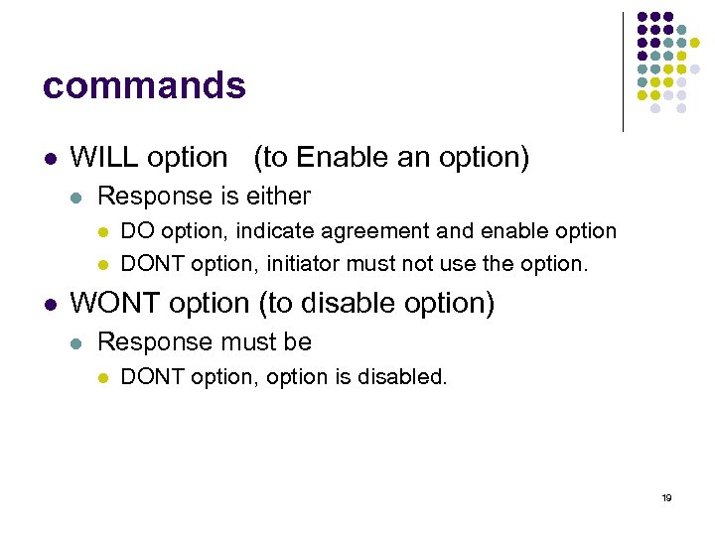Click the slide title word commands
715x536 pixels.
point(144,86)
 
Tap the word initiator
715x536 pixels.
point(305,264)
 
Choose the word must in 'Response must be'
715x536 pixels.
point(237,342)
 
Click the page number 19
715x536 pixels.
point(666,497)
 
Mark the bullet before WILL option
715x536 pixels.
point(50,158)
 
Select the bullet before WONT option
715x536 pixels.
point(50,304)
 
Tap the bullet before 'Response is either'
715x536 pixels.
point(77,198)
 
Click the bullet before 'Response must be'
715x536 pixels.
point(77,343)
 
